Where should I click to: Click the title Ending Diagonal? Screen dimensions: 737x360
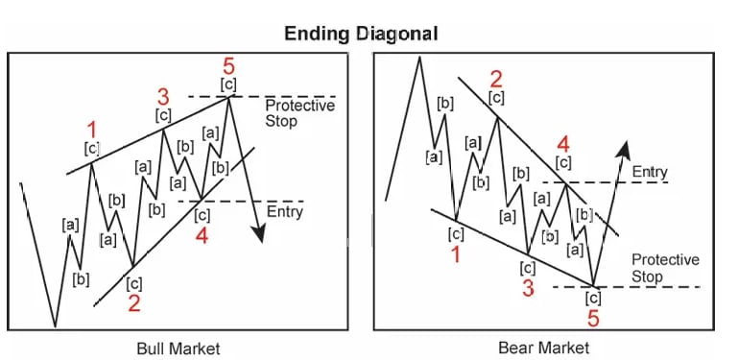[x=361, y=33]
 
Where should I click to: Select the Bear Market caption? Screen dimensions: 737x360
[x=543, y=347]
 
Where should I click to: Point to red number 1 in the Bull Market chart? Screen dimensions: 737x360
[x=92, y=129]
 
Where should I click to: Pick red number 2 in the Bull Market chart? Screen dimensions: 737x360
[x=134, y=304]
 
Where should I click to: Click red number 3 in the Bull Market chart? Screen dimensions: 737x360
[x=163, y=97]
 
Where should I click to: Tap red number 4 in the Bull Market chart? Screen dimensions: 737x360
[x=202, y=235]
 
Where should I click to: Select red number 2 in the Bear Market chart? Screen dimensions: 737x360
[x=496, y=78]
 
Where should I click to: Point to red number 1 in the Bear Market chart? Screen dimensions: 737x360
[x=457, y=254]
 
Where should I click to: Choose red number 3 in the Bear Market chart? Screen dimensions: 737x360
[x=528, y=286]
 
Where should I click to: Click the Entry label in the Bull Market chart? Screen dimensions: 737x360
[x=285, y=211]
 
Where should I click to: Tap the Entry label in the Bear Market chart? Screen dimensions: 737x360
[x=650, y=172]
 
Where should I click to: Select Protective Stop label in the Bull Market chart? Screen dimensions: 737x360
[x=299, y=113]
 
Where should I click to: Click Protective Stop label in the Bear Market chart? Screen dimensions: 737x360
[x=665, y=268]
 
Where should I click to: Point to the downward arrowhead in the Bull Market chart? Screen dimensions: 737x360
[x=258, y=234]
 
